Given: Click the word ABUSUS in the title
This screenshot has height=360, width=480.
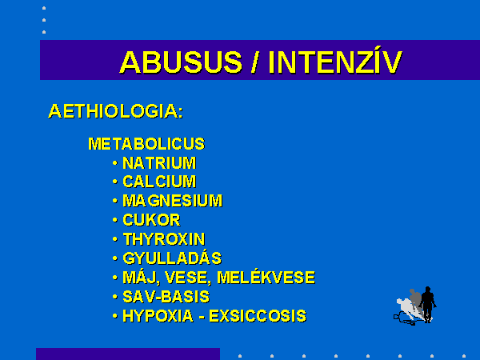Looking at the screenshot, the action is pyautogui.click(x=181, y=62).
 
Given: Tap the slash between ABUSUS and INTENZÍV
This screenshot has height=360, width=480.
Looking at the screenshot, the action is pyautogui.click(x=254, y=62).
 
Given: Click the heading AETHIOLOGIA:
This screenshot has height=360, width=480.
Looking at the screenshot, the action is pyautogui.click(x=116, y=111).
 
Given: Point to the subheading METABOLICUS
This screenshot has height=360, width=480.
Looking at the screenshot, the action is pyautogui.click(x=146, y=143).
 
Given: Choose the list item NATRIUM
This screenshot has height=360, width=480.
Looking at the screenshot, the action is pyautogui.click(x=159, y=163).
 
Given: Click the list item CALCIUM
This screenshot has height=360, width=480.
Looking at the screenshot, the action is pyautogui.click(x=159, y=182).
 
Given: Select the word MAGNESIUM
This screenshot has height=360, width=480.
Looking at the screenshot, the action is pyautogui.click(x=172, y=201).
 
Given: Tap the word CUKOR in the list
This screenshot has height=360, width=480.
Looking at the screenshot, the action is pyautogui.click(x=151, y=220).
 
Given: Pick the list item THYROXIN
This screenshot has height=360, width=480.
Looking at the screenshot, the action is pyautogui.click(x=164, y=239).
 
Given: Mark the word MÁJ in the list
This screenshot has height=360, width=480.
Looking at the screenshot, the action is pyautogui.click(x=142, y=277).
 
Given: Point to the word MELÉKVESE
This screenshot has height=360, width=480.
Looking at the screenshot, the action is pyautogui.click(x=266, y=277).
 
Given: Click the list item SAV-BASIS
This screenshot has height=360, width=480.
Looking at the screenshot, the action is pyautogui.click(x=166, y=297).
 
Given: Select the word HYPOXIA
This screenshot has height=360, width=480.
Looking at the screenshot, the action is pyautogui.click(x=158, y=316).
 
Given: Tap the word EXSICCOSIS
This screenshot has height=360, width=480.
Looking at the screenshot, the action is pyautogui.click(x=258, y=316).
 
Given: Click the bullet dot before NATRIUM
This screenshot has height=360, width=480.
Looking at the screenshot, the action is pyautogui.click(x=114, y=163).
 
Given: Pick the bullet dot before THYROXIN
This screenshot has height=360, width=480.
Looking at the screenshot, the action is pyautogui.click(x=114, y=239).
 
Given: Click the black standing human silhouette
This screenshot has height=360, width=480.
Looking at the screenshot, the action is pyautogui.click(x=428, y=304).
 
